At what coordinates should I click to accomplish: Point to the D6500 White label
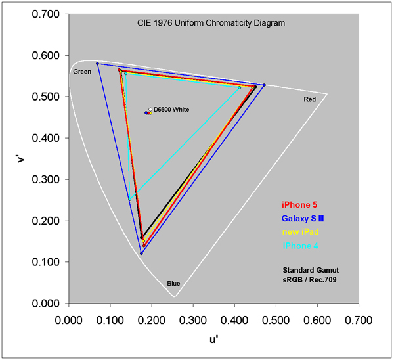[x=172, y=110]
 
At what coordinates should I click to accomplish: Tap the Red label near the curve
[x=309, y=99]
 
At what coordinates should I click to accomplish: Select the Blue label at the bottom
[x=173, y=284]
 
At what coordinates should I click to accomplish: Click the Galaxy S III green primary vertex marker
[x=97, y=64]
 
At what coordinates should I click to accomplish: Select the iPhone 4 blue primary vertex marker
[x=129, y=200]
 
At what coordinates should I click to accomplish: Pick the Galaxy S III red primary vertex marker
[x=264, y=85]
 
